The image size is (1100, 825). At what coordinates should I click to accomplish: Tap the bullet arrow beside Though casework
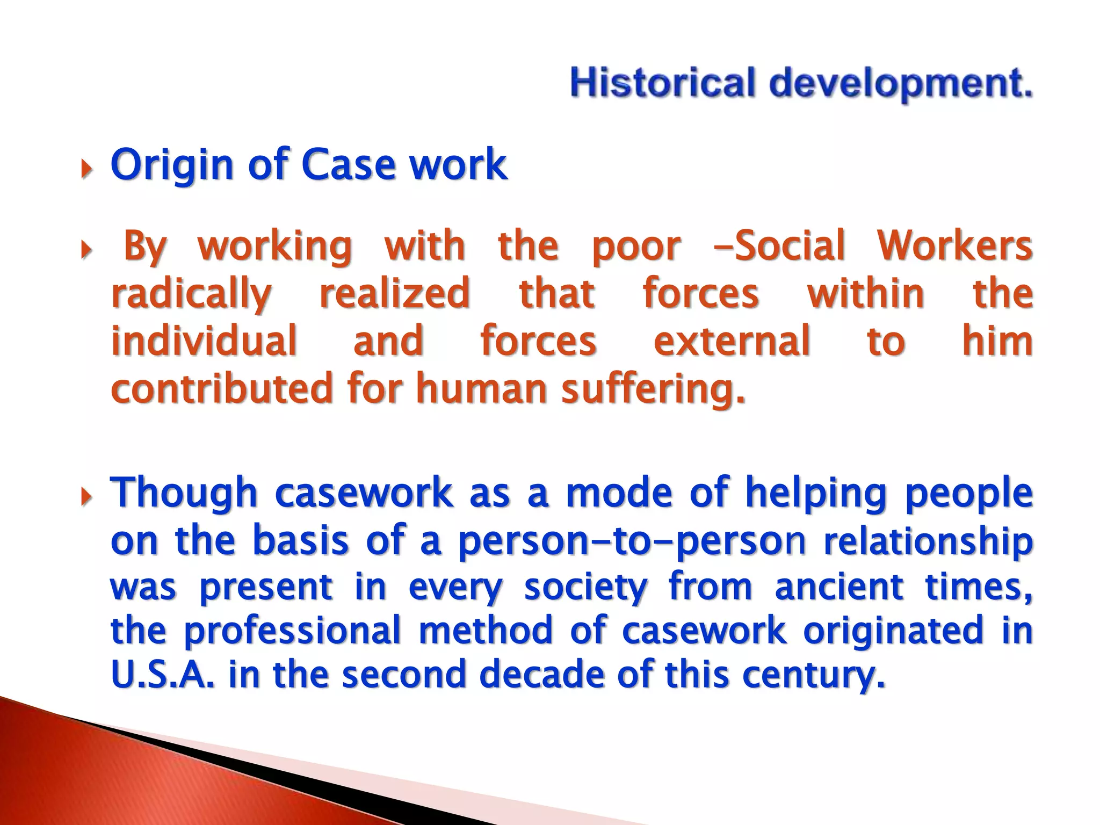[86, 497]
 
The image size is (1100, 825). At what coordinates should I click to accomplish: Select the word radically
[191, 295]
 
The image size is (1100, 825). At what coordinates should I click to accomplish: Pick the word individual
[204, 341]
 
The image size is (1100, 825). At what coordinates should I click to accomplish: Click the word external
[731, 341]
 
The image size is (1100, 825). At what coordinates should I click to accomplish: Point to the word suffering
[653, 389]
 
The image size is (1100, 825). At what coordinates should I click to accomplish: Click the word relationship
[928, 541]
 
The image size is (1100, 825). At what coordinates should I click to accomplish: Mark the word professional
[292, 632]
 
